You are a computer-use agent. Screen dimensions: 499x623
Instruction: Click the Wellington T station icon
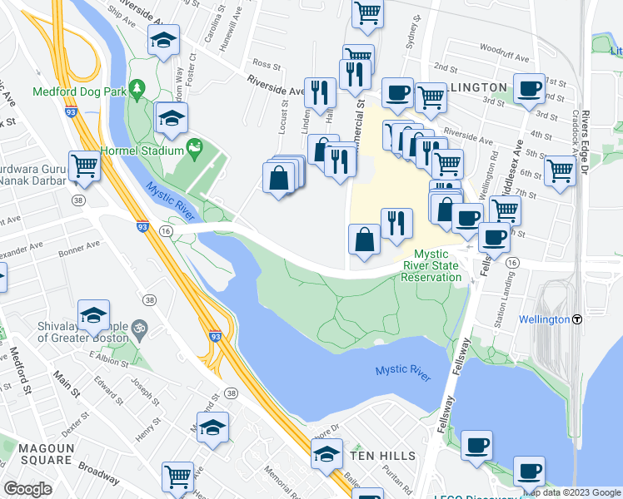pos(576,319)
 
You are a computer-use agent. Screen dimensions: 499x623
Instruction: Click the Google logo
pos(28,489)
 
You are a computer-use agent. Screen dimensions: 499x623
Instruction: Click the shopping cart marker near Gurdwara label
pos(84,166)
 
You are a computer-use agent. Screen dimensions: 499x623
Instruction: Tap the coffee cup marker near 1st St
pos(529,88)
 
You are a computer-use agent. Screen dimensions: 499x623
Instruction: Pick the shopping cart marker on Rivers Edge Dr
pos(560,170)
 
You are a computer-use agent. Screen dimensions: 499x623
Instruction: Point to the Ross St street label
pos(266,63)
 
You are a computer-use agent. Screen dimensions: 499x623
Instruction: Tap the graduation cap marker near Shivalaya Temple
pos(93,315)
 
